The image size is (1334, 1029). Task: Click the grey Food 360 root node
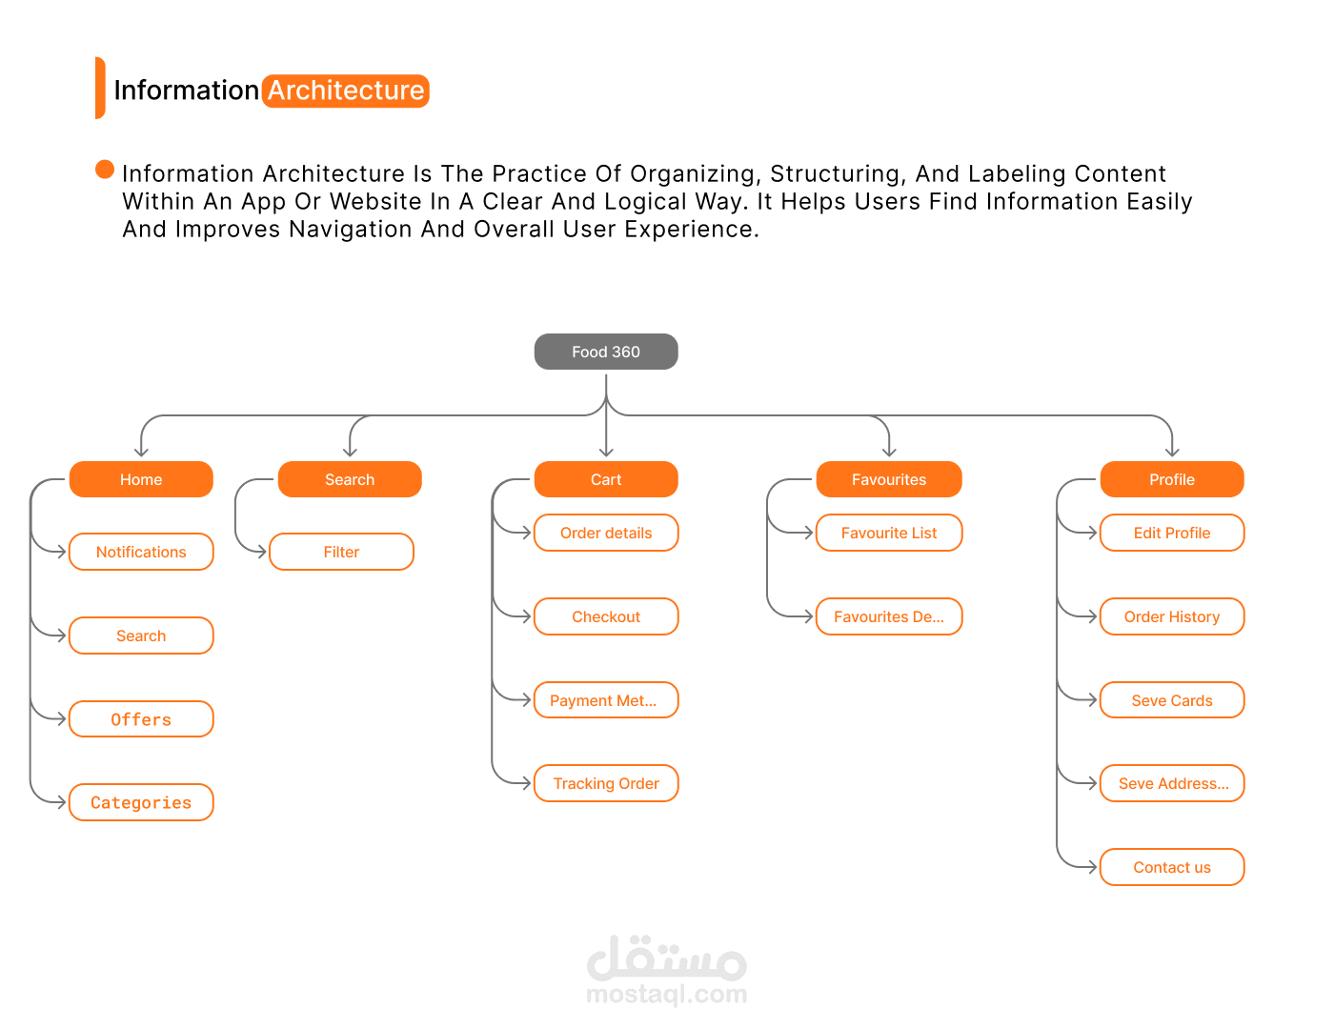[605, 351]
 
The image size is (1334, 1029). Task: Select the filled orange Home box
[141, 478]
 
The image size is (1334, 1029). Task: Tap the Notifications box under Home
[141, 551]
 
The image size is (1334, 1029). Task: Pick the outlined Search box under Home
[141, 636]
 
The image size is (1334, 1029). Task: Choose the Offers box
[141, 718]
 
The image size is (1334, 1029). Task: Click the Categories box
[141, 802]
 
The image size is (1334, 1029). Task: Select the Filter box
[341, 551]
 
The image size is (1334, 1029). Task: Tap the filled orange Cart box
[605, 478]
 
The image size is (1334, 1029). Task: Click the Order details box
[605, 532]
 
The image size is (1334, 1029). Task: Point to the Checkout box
[605, 616]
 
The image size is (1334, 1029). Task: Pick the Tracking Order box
[605, 783]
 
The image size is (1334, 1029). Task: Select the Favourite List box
[888, 532]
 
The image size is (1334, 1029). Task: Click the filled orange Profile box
[1171, 478]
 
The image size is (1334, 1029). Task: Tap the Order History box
[1171, 616]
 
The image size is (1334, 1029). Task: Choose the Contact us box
[1171, 866]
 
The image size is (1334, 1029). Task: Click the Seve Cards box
[1171, 699]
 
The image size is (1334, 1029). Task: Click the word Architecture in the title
[346, 91]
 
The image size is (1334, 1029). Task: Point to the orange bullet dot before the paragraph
[105, 169]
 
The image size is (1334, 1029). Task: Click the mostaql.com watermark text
[666, 993]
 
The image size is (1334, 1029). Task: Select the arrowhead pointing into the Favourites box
[888, 453]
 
